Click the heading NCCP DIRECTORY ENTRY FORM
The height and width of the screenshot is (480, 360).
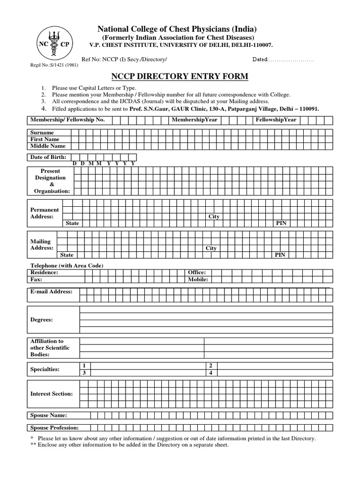tap(179, 76)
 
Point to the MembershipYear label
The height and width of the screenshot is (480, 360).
tap(194, 120)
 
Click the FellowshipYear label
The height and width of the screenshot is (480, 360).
tap(276, 120)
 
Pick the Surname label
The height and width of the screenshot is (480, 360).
tap(42, 133)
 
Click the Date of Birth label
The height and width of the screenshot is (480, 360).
tap(48, 157)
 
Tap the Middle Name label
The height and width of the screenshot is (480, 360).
tap(47, 146)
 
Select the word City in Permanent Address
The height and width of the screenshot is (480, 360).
tap(214, 217)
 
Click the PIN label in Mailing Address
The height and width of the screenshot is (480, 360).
tap(280, 255)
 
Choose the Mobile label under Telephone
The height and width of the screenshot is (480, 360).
tap(197, 279)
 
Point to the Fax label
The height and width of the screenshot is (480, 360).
tap(36, 279)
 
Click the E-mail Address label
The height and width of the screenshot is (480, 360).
tap(51, 292)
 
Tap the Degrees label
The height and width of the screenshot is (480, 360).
tap(41, 319)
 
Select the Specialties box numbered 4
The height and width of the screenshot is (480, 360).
tap(211, 373)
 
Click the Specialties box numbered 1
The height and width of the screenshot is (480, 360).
tap(84, 366)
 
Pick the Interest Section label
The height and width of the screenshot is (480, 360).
tap(51, 394)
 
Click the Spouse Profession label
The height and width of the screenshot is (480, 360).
tap(54, 427)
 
